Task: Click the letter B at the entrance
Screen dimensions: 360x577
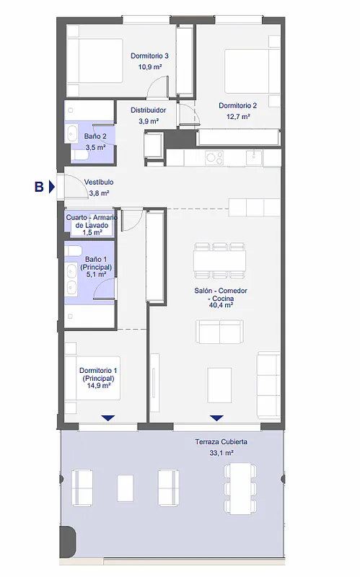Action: coord(39,187)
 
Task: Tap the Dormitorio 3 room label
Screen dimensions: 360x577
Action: coord(149,56)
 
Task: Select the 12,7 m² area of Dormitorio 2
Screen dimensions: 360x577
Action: coord(238,117)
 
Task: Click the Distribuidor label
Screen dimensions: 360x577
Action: coord(149,110)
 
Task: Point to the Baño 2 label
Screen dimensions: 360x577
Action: coord(95,136)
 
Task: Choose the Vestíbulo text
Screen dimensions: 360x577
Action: coord(99,182)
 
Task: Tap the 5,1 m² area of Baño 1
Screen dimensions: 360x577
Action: coord(96,275)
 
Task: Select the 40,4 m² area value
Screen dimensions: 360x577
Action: coord(221,305)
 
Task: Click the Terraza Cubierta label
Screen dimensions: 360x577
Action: coord(221,441)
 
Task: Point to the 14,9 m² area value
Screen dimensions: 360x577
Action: coord(99,386)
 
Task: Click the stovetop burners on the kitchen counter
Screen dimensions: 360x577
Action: coord(214,158)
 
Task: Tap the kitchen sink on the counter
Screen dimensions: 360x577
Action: coord(254,157)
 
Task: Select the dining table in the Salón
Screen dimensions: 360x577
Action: coord(219,260)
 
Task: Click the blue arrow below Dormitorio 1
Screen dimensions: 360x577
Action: coord(107,418)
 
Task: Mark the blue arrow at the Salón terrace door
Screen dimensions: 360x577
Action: coord(216,418)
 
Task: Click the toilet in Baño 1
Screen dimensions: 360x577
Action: coord(74,251)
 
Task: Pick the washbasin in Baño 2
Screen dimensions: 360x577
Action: coord(71,133)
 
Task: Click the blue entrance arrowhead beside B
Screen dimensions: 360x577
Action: coord(52,187)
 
